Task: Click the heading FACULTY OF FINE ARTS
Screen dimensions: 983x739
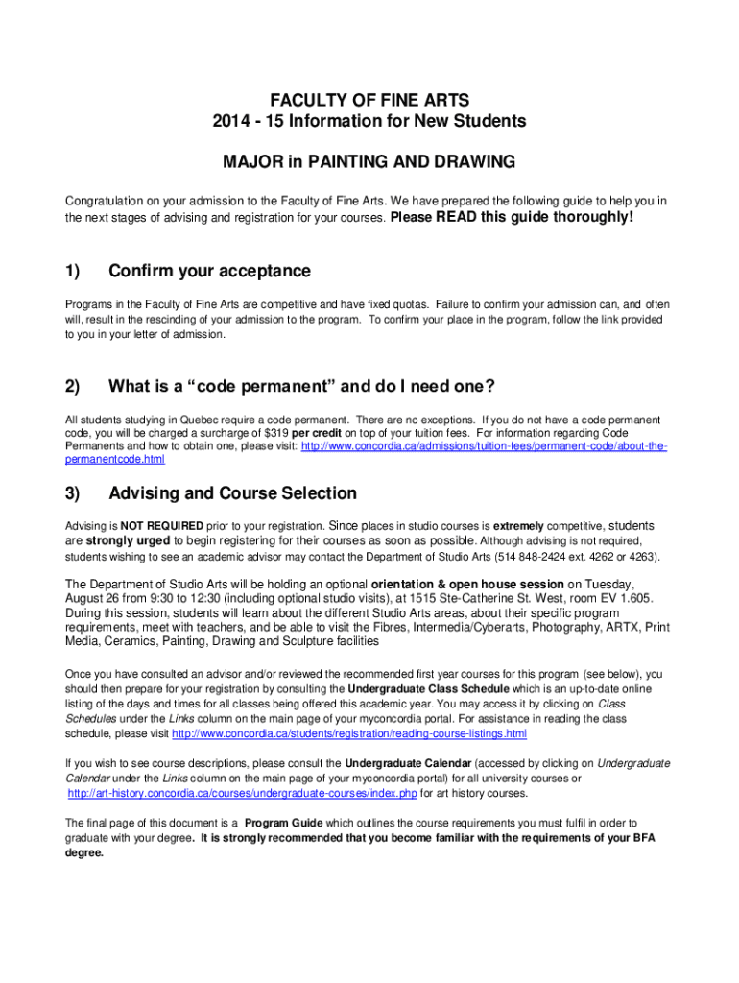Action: pyautogui.click(x=369, y=100)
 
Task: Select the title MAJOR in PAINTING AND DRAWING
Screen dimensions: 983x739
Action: pyautogui.click(x=369, y=162)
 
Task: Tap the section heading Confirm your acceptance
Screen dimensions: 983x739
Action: pyautogui.click(x=209, y=272)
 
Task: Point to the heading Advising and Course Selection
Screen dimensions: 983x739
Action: pyautogui.click(x=232, y=493)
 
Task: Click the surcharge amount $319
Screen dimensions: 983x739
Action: pyautogui.click(x=279, y=433)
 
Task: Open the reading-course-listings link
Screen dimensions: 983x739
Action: pyautogui.click(x=349, y=734)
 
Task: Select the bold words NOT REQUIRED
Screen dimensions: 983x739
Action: pyautogui.click(x=161, y=526)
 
